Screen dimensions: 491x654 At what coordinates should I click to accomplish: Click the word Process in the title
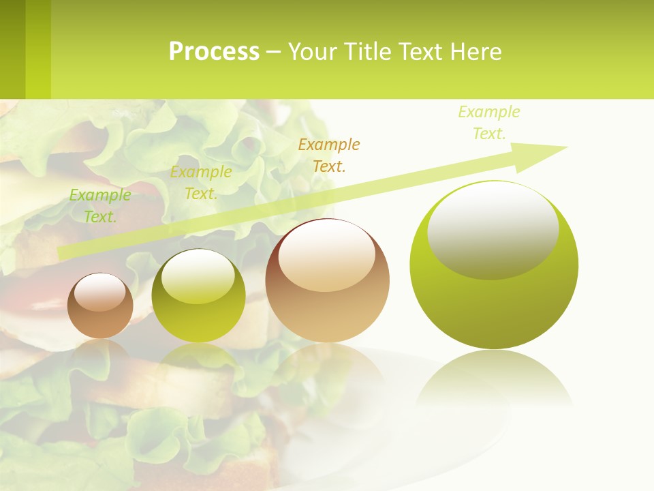click(214, 52)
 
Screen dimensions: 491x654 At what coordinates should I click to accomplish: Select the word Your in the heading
click(311, 52)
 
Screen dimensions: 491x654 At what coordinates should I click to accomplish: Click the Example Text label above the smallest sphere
click(100, 205)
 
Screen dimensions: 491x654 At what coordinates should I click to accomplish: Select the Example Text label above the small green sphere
click(201, 183)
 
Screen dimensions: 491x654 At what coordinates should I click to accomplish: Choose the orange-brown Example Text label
click(329, 155)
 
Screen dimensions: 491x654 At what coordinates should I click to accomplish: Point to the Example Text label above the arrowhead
click(489, 123)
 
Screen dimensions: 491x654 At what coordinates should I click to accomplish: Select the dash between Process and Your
click(273, 52)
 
